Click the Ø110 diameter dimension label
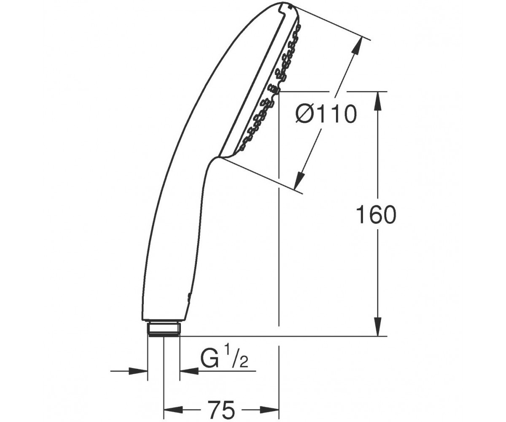326,114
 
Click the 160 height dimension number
376,215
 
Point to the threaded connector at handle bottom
164,329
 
